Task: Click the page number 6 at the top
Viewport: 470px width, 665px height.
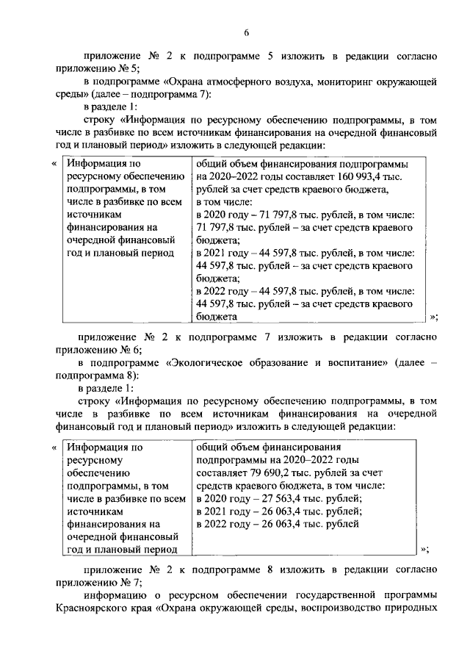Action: coord(247,32)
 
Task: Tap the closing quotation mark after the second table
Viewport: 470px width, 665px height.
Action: coord(424,549)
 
